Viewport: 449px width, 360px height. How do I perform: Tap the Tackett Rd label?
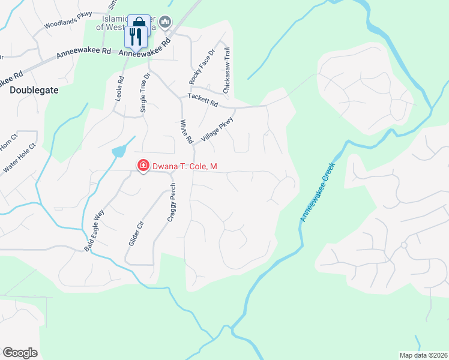202,100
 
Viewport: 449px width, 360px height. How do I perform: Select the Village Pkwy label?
217,129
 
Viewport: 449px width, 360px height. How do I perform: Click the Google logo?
20,353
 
